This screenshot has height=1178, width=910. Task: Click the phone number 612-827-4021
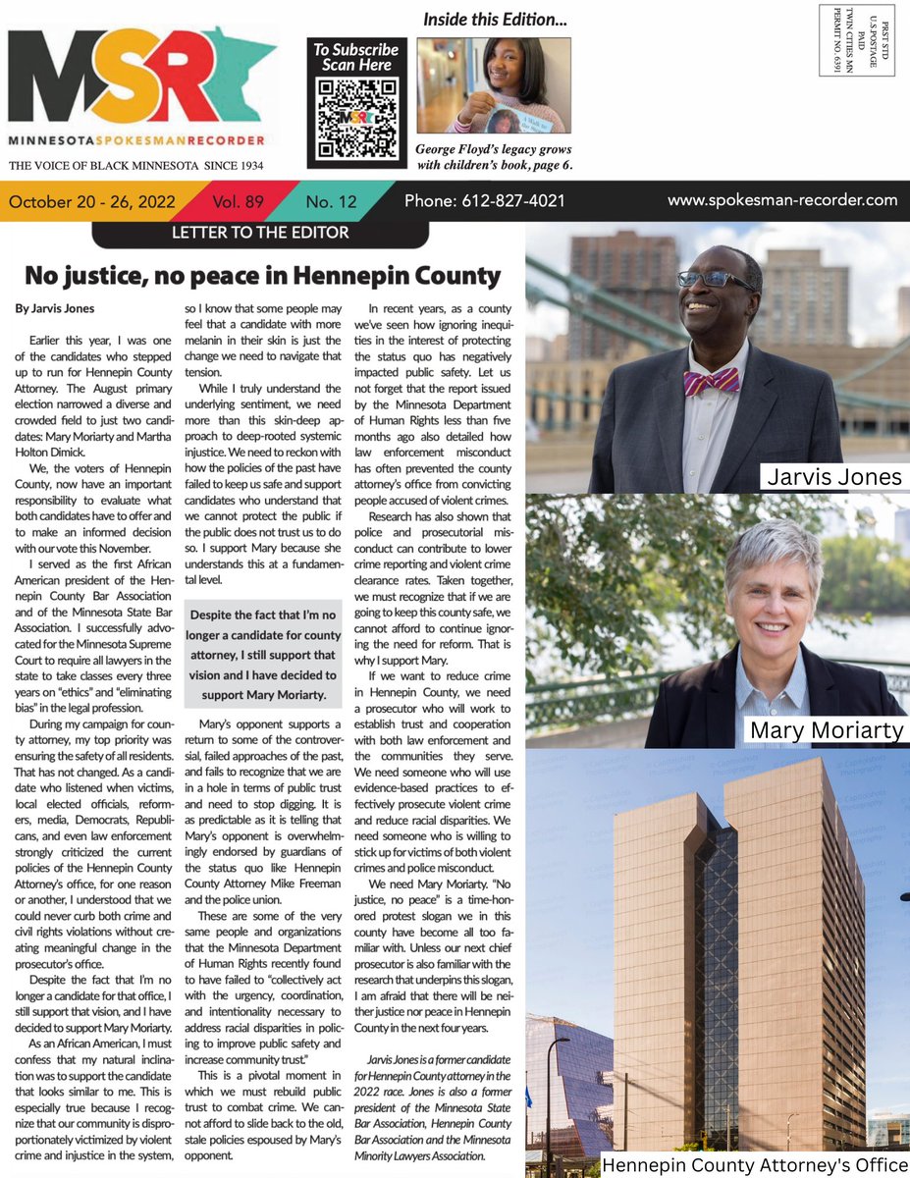484,200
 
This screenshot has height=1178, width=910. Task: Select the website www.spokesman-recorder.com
781,200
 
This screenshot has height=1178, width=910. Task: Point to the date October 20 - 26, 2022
92,202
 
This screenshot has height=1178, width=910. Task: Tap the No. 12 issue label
332,202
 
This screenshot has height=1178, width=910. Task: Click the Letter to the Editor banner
260,233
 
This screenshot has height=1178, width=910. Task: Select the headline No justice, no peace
262,275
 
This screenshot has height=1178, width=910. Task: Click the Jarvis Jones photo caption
833,477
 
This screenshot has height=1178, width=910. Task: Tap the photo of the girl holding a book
494,85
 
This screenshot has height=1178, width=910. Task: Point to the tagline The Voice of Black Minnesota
135,167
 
